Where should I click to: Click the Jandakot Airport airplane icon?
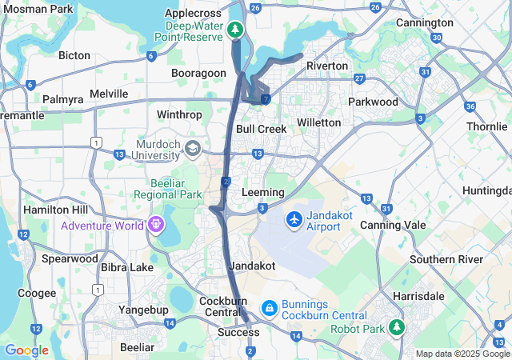(294, 218)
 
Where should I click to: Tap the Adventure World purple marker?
(154, 225)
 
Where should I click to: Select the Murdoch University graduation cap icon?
(192, 149)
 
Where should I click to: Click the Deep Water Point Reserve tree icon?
(234, 30)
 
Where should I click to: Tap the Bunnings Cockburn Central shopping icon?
(270, 307)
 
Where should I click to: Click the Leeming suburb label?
(262, 193)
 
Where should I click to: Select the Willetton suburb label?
(318, 122)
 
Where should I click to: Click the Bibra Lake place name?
(122, 289)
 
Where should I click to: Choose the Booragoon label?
(199, 73)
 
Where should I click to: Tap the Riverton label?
(327, 66)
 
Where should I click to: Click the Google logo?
(26, 350)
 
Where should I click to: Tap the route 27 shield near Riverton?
(360, 78)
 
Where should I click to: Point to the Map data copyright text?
(462, 354)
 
